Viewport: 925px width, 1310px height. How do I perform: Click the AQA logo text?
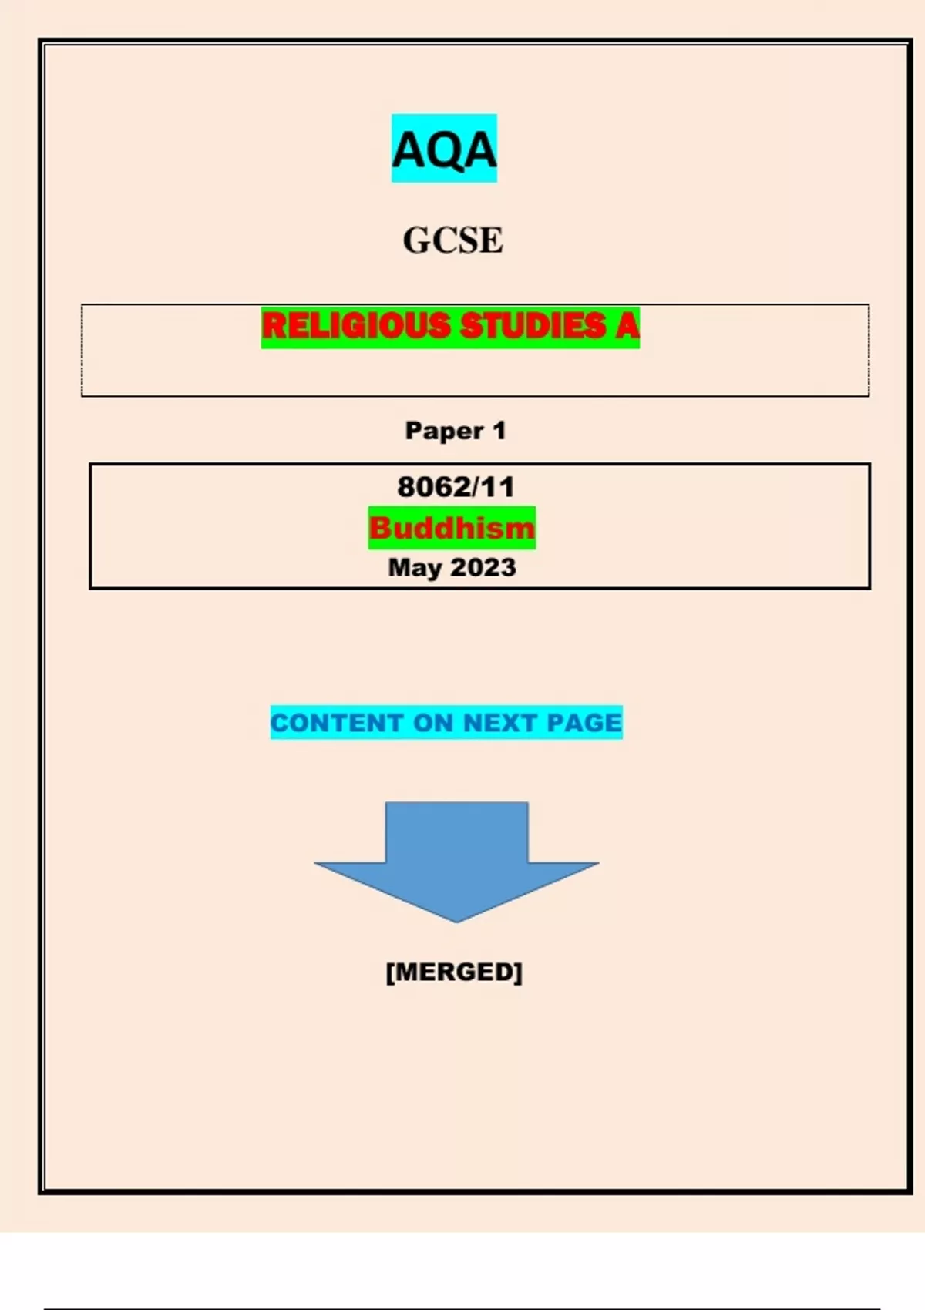pos(444,149)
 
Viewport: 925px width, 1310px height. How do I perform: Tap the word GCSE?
pos(452,240)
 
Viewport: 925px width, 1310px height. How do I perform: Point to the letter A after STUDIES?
pos(627,326)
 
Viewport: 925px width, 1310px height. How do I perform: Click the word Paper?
pos(445,432)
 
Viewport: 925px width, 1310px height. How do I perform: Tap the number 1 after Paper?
pos(499,431)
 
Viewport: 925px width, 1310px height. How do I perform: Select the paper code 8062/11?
pos(456,487)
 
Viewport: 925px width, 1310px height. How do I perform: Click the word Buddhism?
pos(452,528)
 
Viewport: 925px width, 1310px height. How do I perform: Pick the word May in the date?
pos(415,569)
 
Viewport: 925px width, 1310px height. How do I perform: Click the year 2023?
pos(484,568)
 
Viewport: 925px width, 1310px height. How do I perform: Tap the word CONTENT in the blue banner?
pos(337,723)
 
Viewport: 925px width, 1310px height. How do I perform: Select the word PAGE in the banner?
pos(584,723)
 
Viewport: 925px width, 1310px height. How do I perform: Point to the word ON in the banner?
pos(433,723)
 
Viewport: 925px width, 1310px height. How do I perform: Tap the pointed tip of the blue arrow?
pos(456,922)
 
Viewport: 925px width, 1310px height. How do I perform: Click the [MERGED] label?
pos(454,972)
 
